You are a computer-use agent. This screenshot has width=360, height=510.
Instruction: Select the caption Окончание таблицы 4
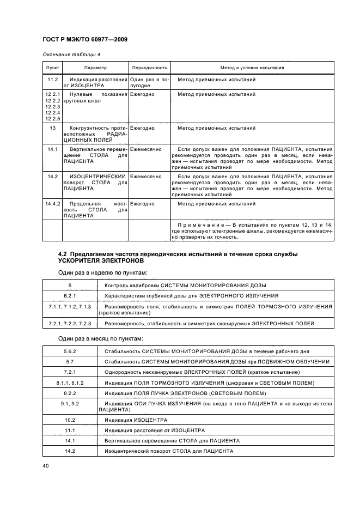pyautogui.click(x=71, y=55)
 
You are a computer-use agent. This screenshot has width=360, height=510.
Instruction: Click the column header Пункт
pyautogui.click(x=52, y=68)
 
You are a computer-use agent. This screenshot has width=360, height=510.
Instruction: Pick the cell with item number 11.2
pyautogui.click(x=52, y=80)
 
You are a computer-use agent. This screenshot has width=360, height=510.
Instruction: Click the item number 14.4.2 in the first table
pyautogui.click(x=52, y=204)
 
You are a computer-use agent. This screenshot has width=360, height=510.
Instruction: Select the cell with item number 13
pyautogui.click(x=52, y=128)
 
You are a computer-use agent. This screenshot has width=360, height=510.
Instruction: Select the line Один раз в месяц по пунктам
pyautogui.click(x=101, y=339)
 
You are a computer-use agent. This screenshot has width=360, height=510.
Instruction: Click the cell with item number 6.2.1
pyautogui.click(x=70, y=295)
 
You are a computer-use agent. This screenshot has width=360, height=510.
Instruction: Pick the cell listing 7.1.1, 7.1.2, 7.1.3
pyautogui.click(x=70, y=307)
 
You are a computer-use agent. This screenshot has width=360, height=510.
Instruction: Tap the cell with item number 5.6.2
pyautogui.click(x=70, y=351)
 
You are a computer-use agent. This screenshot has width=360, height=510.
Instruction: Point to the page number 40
pyautogui.click(x=46, y=466)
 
